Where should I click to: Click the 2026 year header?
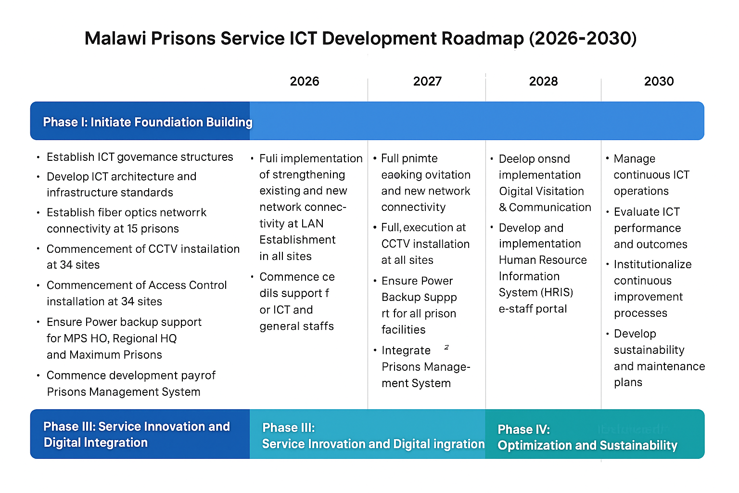305,81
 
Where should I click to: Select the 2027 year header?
427,81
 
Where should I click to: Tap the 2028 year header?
543,81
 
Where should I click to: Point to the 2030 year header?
659,81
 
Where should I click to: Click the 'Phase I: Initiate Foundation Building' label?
147,122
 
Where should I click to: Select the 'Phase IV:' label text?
523,429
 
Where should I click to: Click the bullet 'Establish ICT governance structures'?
140,157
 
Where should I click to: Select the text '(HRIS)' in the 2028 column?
557,292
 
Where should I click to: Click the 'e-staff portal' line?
533,309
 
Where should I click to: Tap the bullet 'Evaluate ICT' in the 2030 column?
647,212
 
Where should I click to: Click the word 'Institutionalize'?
652,264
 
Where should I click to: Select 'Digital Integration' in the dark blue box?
95,442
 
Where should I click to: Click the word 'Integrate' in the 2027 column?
406,350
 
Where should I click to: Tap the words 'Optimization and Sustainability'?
587,445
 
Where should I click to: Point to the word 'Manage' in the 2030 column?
634,159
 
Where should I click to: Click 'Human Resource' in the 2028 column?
543,260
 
